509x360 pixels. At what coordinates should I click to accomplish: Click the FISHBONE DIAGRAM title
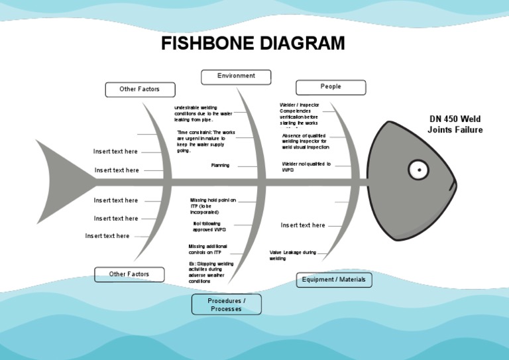coord(254,44)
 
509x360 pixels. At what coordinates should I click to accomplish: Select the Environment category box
coord(236,76)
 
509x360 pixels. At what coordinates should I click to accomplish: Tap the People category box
coord(331,87)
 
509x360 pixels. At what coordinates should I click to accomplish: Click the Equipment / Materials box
coord(333,280)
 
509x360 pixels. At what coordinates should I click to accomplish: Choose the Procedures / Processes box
coord(227,305)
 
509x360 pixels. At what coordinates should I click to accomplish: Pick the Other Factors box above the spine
coord(140,90)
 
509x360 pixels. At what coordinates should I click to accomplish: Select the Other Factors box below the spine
coord(129,274)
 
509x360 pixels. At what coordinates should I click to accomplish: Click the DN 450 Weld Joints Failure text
coord(455,124)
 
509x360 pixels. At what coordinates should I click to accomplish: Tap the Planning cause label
coord(220,165)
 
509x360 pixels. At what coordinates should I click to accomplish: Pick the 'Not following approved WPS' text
coord(209,227)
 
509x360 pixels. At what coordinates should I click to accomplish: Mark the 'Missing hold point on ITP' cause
coord(212,206)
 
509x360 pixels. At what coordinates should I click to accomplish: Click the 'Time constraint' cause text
coord(205,141)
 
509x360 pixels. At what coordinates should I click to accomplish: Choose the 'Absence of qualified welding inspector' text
coord(305,141)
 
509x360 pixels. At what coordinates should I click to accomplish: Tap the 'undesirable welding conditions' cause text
coord(203,113)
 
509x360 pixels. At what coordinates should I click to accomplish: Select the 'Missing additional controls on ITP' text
coord(207,249)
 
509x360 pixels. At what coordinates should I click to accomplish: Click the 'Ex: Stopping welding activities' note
coord(211,272)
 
